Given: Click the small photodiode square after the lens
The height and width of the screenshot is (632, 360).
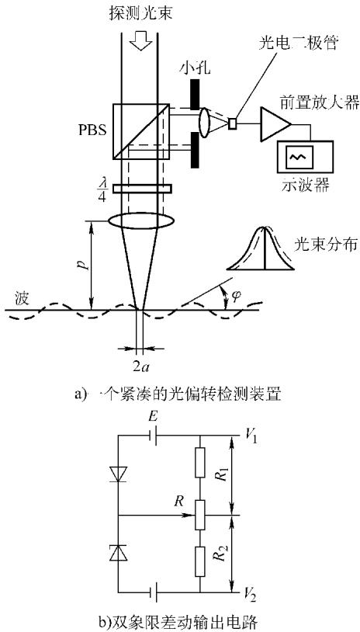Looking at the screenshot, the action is (x=232, y=123).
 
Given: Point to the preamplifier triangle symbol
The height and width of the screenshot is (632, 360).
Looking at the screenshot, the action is (x=275, y=123).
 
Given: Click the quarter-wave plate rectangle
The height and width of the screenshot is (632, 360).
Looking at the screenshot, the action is (x=142, y=188).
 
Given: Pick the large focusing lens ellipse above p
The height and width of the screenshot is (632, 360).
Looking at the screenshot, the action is (x=141, y=221).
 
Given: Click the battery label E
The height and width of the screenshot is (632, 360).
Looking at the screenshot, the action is (x=152, y=420).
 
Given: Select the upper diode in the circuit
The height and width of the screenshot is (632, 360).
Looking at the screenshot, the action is (x=119, y=473).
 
